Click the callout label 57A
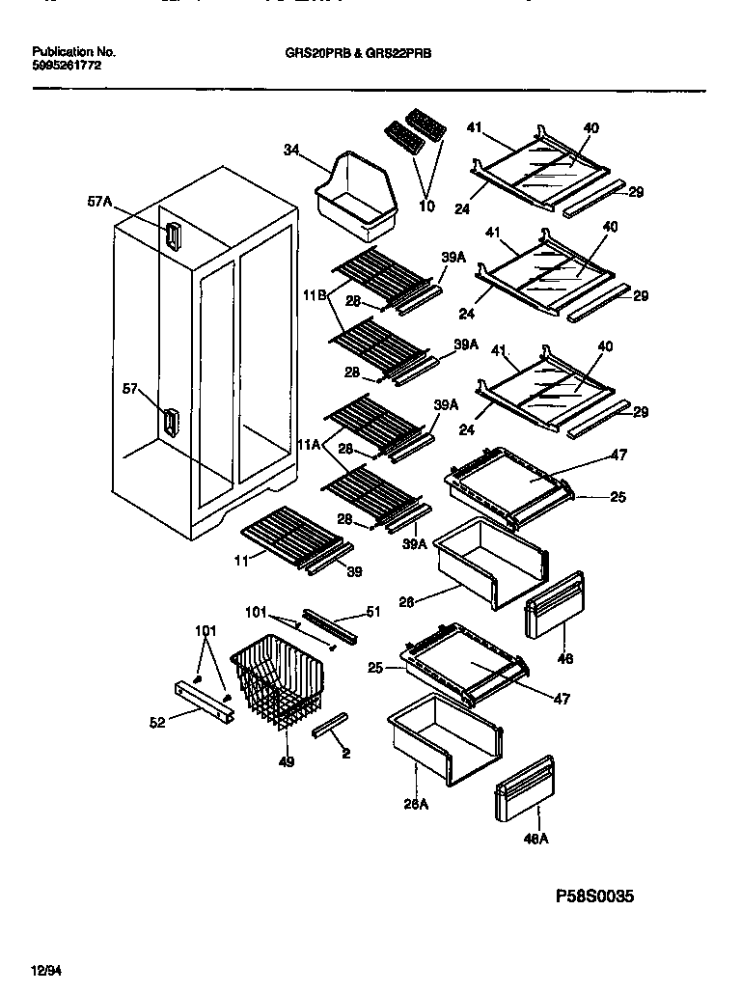(99, 202)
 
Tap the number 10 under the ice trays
(426, 207)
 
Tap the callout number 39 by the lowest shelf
(355, 572)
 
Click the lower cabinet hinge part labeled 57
(171, 422)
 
